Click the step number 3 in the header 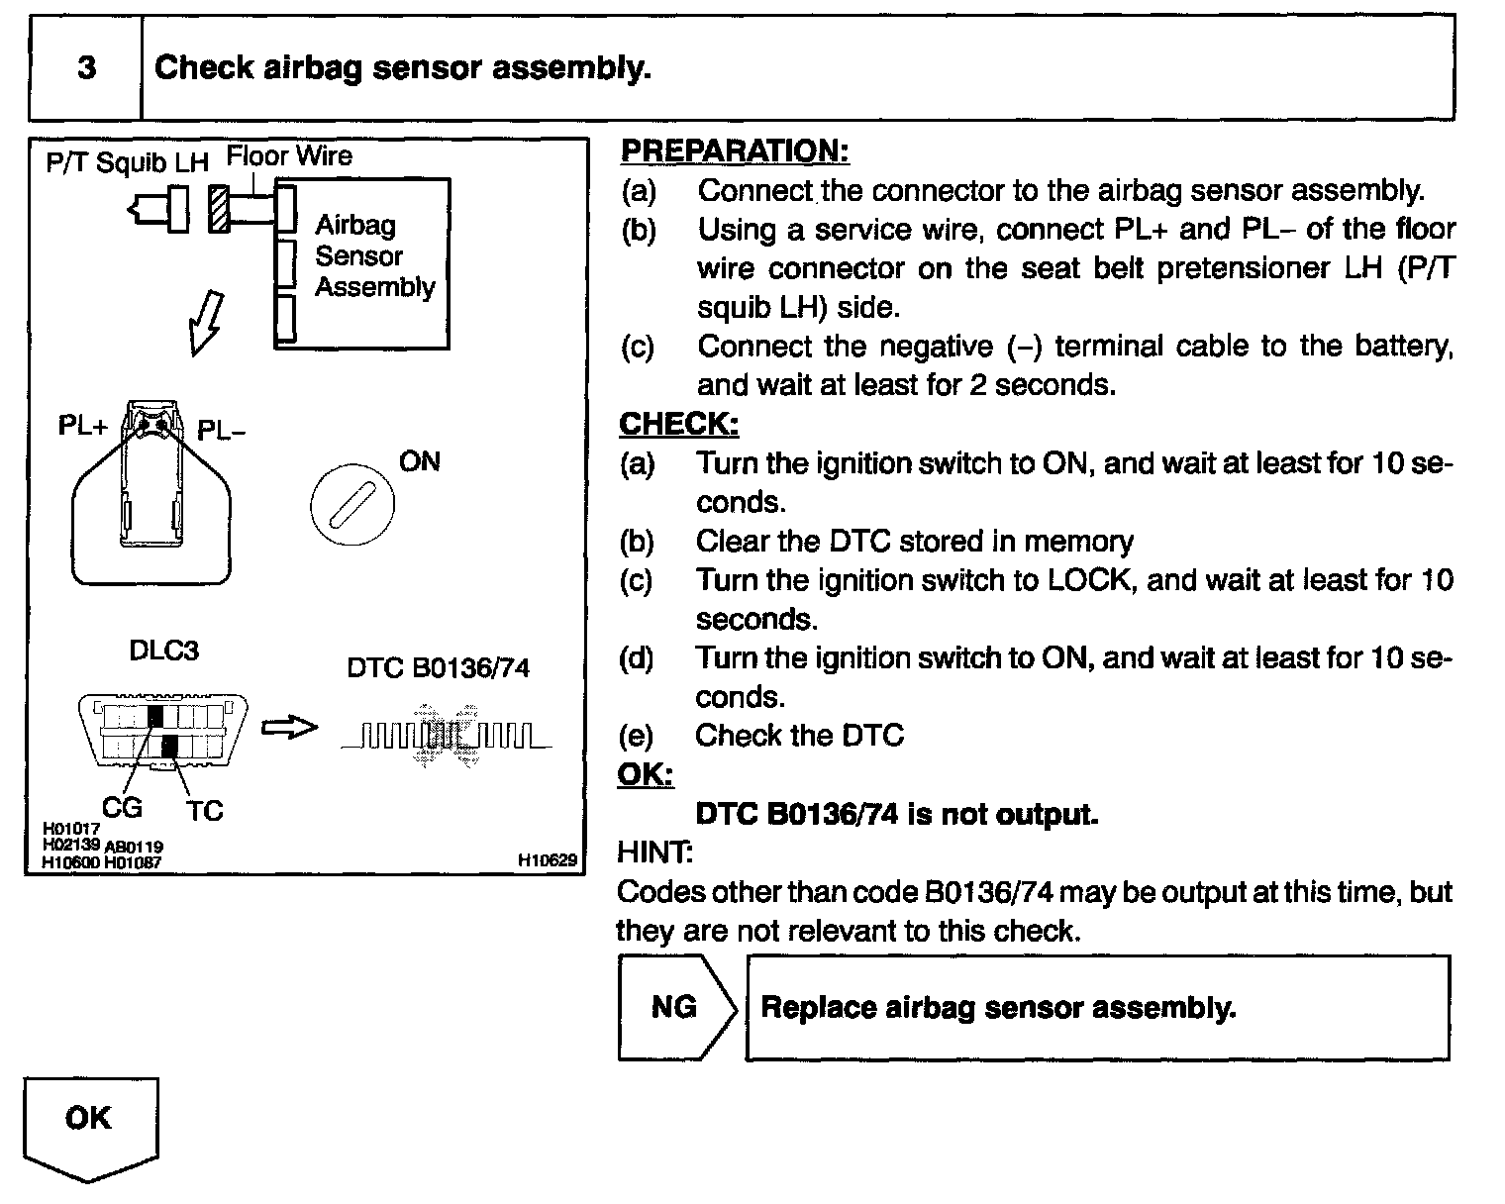coord(86,68)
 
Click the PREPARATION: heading coord(735,151)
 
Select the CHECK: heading coord(678,424)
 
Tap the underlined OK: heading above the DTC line coord(645,774)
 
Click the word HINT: coord(654,852)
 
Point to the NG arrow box coord(676,1008)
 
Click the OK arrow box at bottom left coord(89,1123)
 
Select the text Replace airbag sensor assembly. coord(998,1008)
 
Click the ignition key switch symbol coord(352,504)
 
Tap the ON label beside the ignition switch coord(419,462)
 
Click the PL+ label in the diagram coord(82,427)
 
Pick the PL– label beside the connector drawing coord(222,431)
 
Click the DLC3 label coord(164,651)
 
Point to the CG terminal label coord(122,808)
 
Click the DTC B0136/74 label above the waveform coord(438,668)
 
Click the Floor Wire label coord(289,156)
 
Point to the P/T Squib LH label coord(127,162)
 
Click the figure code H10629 coord(547,860)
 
